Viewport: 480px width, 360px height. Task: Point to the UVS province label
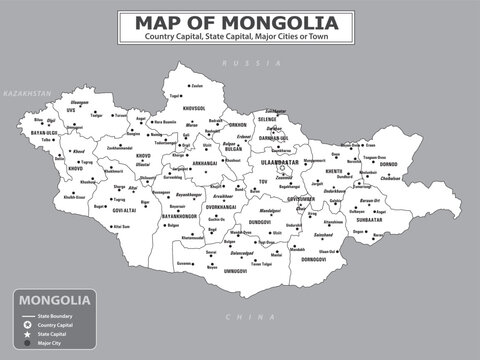[x=71, y=109]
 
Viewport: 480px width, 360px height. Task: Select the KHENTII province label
[x=334, y=171]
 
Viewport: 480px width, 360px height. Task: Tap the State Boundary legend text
[x=56, y=315]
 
